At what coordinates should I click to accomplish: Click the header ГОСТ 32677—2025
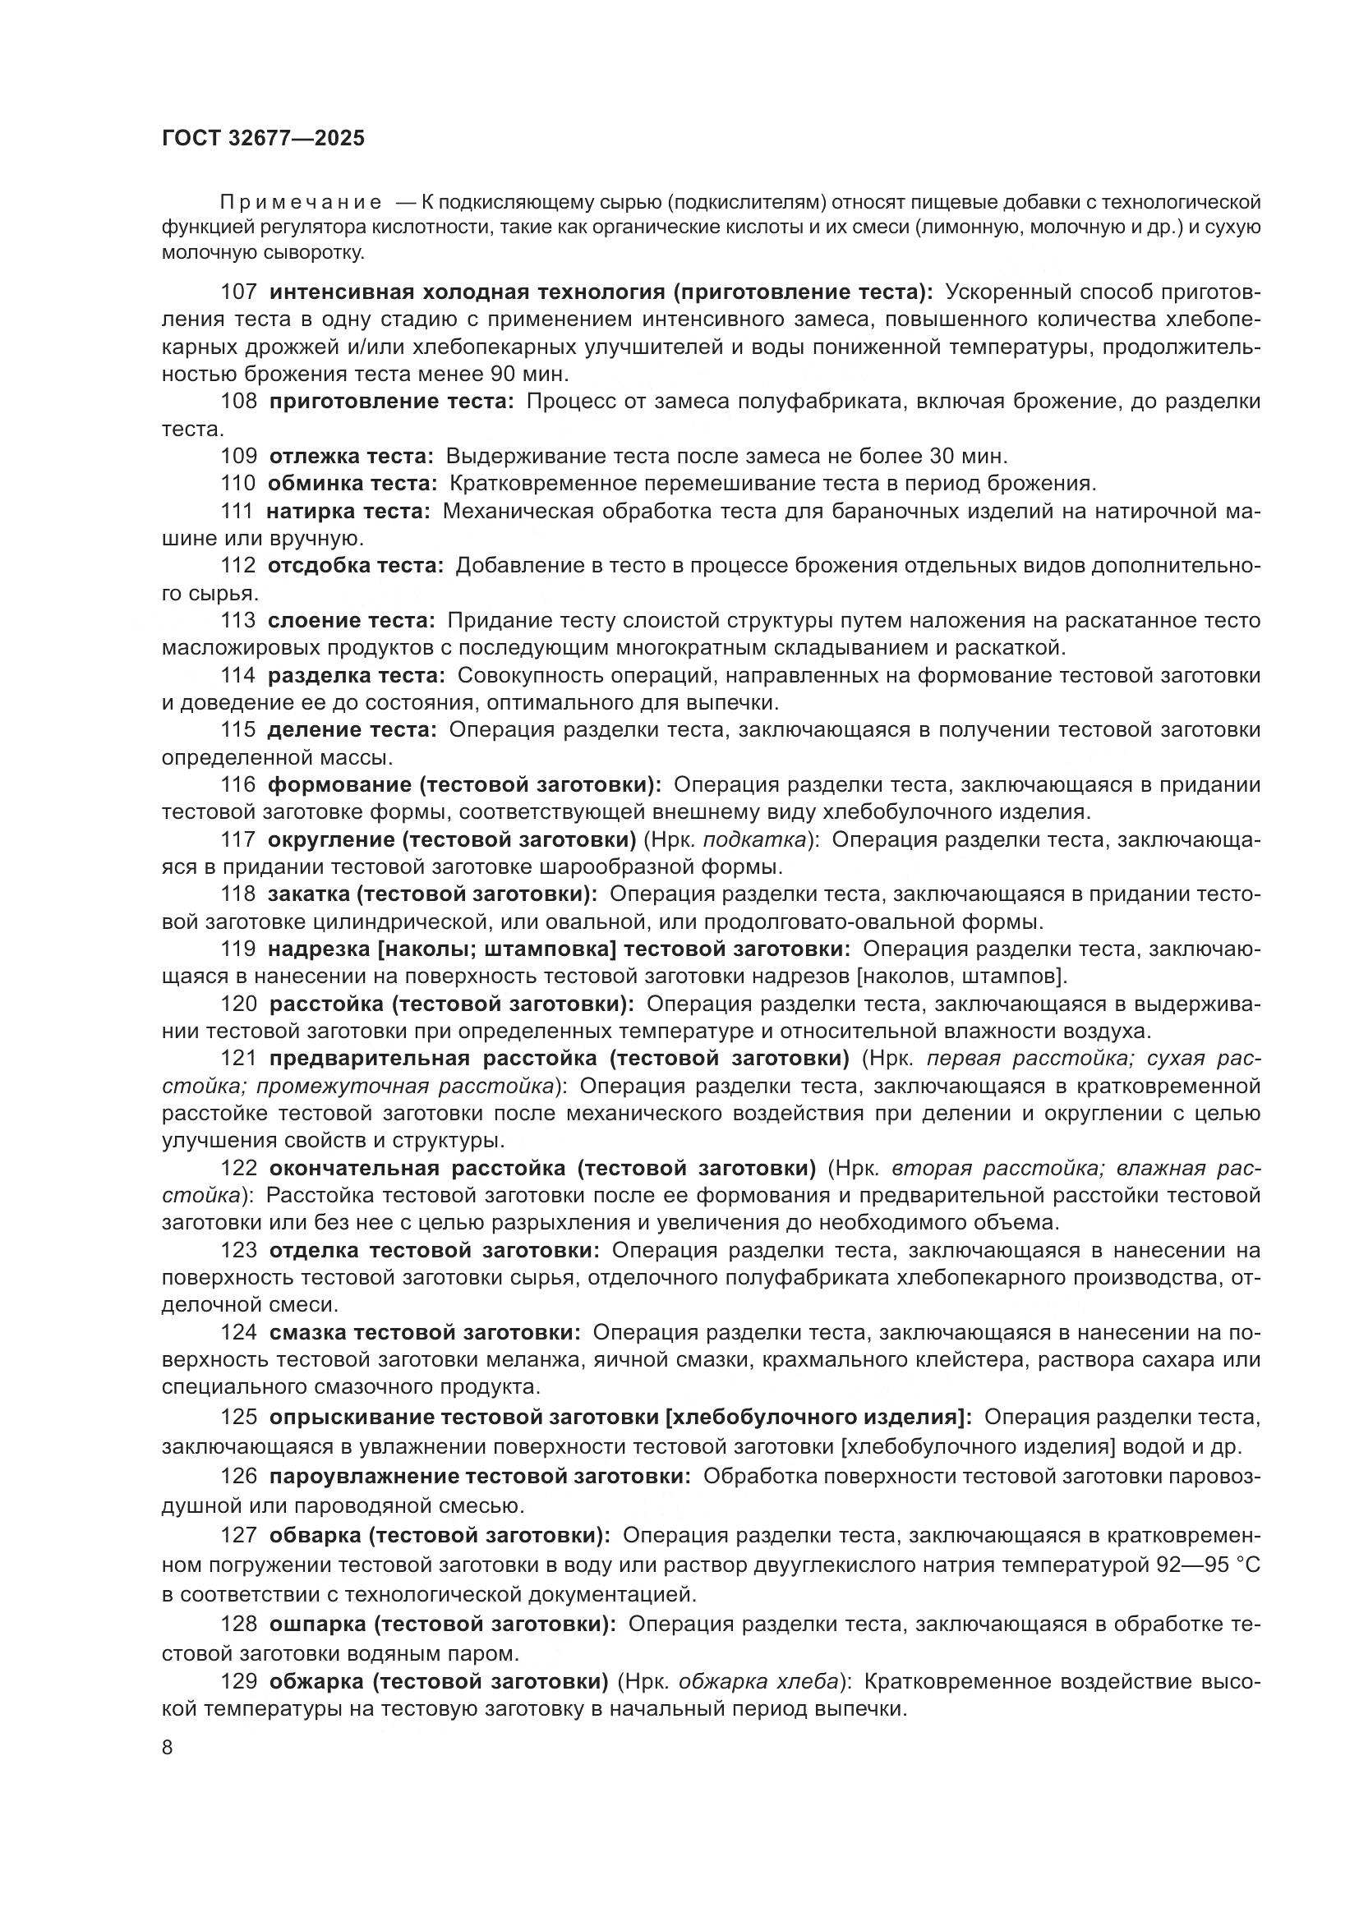click(263, 138)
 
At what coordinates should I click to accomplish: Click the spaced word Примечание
click(301, 203)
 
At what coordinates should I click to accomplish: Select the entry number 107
click(238, 292)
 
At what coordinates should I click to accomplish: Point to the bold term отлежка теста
click(351, 456)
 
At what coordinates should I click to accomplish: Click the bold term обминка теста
click(352, 484)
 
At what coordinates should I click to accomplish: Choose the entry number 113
click(238, 620)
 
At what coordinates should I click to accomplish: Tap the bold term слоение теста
click(352, 620)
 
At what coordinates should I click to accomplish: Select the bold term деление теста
click(352, 729)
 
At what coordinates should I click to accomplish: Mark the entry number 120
click(238, 1003)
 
